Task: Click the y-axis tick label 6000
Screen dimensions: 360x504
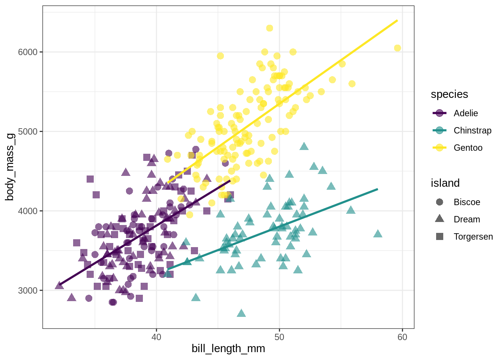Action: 28,52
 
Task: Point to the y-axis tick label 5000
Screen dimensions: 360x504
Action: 28,132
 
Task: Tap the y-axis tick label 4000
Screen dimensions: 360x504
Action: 28,211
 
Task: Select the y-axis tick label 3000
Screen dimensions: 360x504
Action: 28,291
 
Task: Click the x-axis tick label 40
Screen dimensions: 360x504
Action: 156,337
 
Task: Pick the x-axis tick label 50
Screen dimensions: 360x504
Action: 279,337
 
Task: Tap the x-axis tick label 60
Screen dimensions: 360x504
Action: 402,337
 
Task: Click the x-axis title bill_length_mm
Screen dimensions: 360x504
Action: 228,349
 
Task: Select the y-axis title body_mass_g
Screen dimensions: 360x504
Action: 10,167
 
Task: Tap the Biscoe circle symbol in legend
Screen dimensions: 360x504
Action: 440,202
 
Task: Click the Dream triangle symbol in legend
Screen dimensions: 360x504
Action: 440,219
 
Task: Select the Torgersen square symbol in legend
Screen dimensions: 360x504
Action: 440,237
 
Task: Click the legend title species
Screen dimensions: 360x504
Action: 449,94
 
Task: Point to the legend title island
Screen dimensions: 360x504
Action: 445,183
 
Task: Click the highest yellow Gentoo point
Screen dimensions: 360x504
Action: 270,28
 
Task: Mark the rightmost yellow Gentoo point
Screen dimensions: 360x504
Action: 397,48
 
